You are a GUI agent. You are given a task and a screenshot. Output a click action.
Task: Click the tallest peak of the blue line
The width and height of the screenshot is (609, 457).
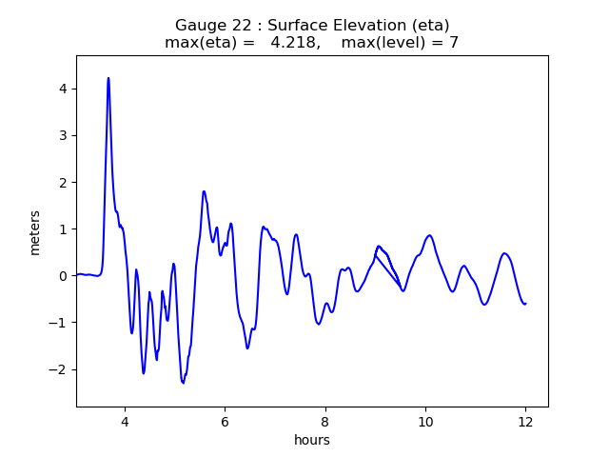(108, 78)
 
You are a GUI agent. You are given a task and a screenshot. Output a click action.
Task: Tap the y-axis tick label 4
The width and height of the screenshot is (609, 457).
(64, 89)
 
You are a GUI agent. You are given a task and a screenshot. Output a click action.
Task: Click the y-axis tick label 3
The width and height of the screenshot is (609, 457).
(64, 135)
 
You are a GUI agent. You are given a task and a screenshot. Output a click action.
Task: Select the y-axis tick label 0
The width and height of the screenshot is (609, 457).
(64, 276)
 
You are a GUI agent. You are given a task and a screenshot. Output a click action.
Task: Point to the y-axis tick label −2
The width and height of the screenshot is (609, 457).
(60, 369)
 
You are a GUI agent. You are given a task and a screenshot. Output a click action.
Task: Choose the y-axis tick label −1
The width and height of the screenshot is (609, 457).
(60, 323)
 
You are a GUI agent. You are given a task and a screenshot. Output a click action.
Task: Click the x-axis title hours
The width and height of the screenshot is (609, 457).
(312, 440)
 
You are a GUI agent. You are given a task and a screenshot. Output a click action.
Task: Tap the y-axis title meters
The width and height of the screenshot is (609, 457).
(35, 232)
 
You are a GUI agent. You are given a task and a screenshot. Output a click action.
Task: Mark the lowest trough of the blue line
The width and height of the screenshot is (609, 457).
(183, 383)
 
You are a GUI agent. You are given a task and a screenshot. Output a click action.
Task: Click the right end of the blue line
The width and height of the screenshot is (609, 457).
(525, 304)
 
